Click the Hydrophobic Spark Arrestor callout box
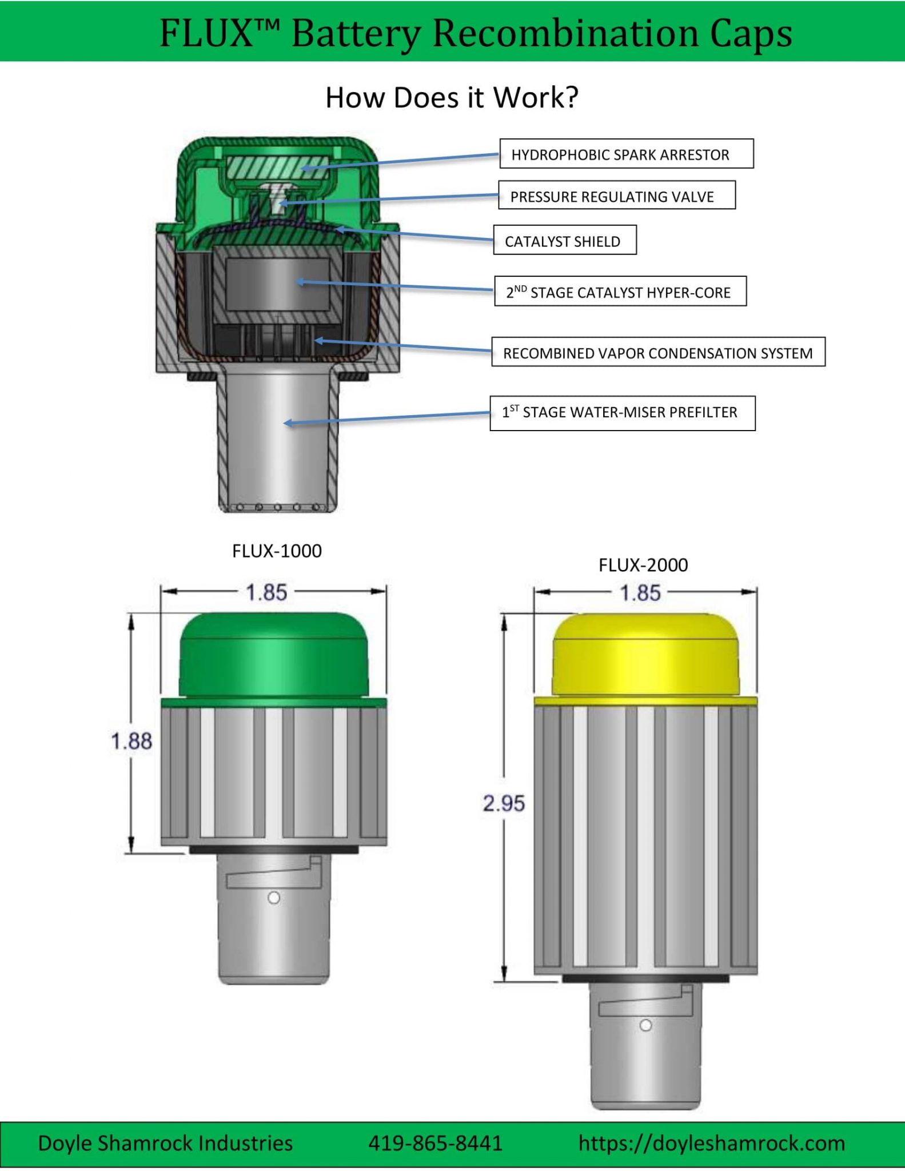[626, 154]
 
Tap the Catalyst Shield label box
[564, 240]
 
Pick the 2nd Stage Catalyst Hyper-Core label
[620, 292]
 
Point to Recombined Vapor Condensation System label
[657, 352]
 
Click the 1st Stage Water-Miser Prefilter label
[622, 413]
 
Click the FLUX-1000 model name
[277, 551]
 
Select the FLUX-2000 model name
[643, 565]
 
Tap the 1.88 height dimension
[131, 742]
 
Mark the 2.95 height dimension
[504, 803]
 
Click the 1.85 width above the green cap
[266, 592]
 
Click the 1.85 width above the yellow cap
[640, 593]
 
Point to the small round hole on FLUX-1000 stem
[274, 898]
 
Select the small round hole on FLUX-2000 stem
[646, 1025]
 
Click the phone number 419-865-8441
[435, 1144]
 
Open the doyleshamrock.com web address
[712, 1144]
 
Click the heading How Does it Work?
[452, 97]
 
